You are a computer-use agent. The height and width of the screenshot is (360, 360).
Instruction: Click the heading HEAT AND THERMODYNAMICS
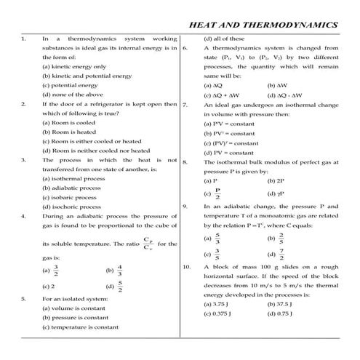coord(263,24)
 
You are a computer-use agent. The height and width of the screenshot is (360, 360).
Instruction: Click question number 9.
coord(187,206)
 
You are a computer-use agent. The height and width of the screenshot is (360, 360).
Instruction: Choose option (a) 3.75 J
coord(217,303)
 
